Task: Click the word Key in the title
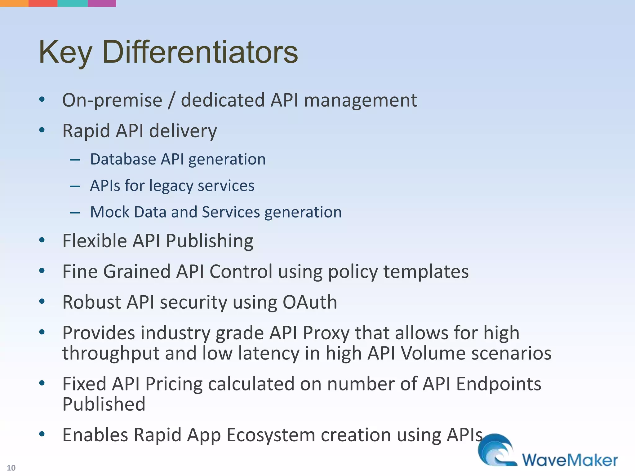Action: click(x=65, y=53)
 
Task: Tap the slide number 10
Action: click(x=11, y=468)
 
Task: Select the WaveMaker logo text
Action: click(x=570, y=460)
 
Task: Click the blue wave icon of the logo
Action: click(x=496, y=449)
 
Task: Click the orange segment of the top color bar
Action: click(x=14, y=3)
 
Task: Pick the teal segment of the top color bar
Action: click(x=73, y=3)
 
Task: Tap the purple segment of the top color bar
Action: click(x=102, y=3)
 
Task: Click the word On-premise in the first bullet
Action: click(x=112, y=100)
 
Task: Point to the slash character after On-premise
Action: click(x=171, y=100)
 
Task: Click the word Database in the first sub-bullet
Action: click(x=123, y=159)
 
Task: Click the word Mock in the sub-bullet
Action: click(x=109, y=212)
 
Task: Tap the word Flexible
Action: click(x=95, y=241)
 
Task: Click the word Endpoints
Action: click(x=498, y=384)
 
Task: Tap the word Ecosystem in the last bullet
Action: click(x=270, y=435)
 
